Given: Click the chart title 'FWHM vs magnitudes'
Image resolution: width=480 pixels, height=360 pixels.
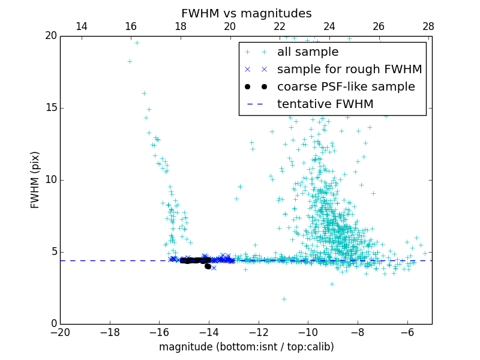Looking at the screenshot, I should click(246, 13).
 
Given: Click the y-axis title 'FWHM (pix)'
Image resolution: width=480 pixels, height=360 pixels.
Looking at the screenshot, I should click(35, 179).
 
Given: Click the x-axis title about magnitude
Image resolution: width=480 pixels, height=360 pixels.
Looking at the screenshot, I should click(246, 347).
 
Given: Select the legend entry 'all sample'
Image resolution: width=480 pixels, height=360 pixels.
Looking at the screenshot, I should click(307, 52).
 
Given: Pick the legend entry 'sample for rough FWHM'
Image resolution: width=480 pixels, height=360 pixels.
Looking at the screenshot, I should click(349, 70).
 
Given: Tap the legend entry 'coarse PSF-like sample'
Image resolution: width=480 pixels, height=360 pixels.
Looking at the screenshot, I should click(346, 87).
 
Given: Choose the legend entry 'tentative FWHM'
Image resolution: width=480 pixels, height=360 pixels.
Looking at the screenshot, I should click(325, 104).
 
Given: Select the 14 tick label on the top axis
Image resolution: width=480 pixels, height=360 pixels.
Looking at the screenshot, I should click(82, 26).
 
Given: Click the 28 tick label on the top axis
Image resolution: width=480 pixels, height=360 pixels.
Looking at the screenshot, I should click(428, 26).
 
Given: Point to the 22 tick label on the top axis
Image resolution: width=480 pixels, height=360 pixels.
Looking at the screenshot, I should click(280, 26).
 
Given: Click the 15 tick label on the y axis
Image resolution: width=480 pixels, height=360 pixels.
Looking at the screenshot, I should click(50, 108).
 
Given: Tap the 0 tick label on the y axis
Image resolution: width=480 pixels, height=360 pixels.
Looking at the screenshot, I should click(53, 324).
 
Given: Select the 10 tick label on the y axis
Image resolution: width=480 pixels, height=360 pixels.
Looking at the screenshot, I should click(50, 180).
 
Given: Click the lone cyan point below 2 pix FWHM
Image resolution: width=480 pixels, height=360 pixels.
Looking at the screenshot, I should click(284, 299).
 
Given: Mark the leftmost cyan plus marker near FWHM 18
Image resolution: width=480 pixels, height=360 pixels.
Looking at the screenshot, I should click(130, 61).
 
